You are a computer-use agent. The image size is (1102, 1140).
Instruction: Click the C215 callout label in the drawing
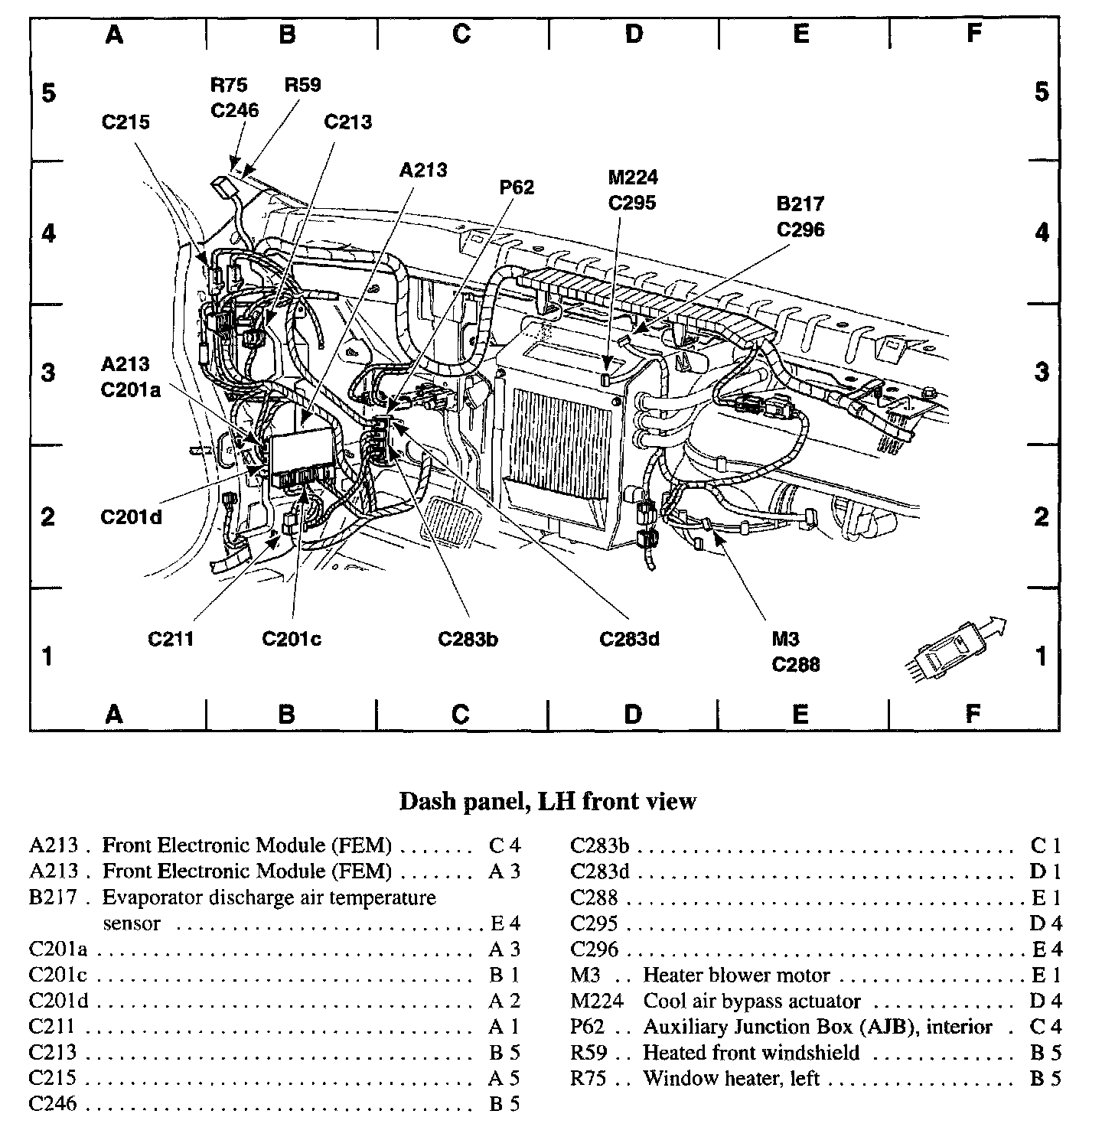(126, 122)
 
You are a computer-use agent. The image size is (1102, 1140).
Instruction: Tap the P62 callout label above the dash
(517, 187)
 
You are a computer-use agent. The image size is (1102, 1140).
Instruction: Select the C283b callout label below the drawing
(468, 639)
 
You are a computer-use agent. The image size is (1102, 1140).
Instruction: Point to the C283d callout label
(629, 639)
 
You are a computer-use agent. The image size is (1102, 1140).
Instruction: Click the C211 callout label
(170, 639)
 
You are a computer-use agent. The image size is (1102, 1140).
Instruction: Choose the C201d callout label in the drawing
(131, 517)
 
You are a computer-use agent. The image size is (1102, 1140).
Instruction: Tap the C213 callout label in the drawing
(348, 122)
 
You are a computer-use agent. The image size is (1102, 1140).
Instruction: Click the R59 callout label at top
(302, 85)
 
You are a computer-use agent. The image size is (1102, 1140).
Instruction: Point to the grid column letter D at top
(634, 34)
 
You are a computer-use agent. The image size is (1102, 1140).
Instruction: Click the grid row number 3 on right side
(1042, 373)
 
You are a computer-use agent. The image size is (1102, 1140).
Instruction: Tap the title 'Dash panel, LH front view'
(548, 801)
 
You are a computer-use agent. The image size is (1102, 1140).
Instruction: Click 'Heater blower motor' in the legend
(736, 976)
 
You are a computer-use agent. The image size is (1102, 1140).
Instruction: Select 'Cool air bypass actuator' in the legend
(752, 1002)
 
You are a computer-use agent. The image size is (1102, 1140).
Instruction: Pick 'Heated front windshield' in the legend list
(751, 1053)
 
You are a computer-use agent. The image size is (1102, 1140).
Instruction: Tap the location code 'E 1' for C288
(1046, 897)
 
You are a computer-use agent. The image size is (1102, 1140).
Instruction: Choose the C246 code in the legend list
(53, 1104)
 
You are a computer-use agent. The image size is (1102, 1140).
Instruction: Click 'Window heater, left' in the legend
(731, 1079)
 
